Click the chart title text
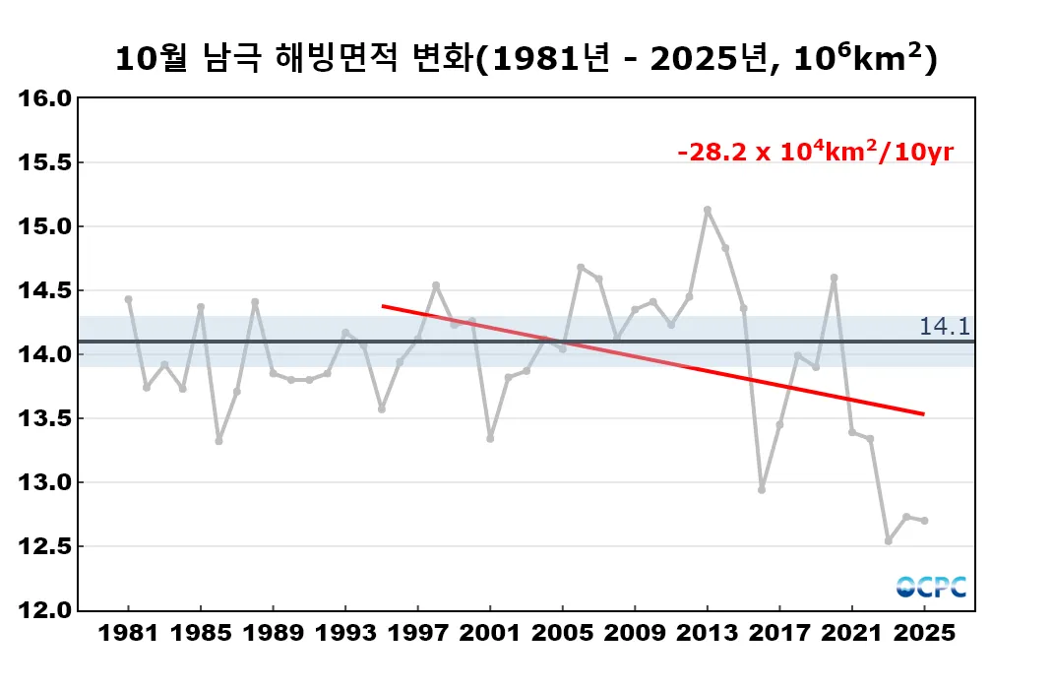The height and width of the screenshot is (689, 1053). (526, 59)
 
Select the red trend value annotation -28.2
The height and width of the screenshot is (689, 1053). (816, 153)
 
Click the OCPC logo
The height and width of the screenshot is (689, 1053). (931, 587)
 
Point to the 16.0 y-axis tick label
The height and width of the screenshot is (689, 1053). (46, 98)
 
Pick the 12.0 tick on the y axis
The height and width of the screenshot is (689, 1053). (46, 610)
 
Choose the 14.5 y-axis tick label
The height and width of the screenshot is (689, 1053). (46, 290)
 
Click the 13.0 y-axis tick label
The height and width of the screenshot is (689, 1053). (46, 482)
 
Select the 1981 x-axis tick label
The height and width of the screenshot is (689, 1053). (128, 633)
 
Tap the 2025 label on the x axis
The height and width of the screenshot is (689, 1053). (924, 633)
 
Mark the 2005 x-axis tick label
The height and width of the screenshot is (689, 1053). (562, 633)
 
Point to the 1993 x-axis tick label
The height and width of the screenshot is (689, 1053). (345, 633)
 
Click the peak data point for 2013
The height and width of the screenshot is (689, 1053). (708, 210)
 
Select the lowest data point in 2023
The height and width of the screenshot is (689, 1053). (888, 541)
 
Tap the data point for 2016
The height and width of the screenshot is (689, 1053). (762, 489)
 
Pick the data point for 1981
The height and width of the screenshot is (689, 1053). (128, 299)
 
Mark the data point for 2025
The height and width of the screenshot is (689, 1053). (924, 521)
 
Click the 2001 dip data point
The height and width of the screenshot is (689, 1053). (490, 438)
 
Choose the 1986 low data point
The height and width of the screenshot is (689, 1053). (218, 441)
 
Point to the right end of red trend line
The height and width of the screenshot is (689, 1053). (923, 414)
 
